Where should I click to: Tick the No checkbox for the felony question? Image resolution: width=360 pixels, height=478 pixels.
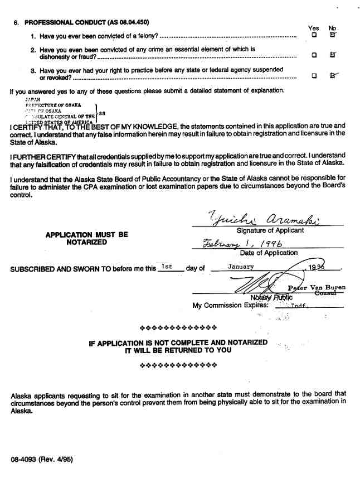pos(333,35)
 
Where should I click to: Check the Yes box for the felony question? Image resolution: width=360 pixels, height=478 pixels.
pos(314,35)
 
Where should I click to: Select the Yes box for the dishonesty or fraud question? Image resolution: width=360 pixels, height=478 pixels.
pos(314,55)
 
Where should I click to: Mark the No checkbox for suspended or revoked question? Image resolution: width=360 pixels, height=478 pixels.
pos(333,76)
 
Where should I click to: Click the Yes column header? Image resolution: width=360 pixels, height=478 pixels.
pos(314,27)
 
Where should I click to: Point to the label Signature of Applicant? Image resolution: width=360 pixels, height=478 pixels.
pos(270,230)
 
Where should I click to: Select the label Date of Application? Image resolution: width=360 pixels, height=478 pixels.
pos(269,253)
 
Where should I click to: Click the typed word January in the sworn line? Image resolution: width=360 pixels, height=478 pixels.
pos(241,267)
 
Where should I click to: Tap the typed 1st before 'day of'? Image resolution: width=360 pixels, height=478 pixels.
pos(166,267)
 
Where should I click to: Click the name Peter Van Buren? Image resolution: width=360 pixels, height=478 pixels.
pos(317,288)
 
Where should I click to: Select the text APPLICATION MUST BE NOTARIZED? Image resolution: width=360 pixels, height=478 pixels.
pos(86,239)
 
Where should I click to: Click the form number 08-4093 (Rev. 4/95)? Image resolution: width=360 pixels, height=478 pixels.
pos(41,460)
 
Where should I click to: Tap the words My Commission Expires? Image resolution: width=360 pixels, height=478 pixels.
pos(231,306)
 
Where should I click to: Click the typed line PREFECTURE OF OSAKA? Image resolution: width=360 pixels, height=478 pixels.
pos(53,104)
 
